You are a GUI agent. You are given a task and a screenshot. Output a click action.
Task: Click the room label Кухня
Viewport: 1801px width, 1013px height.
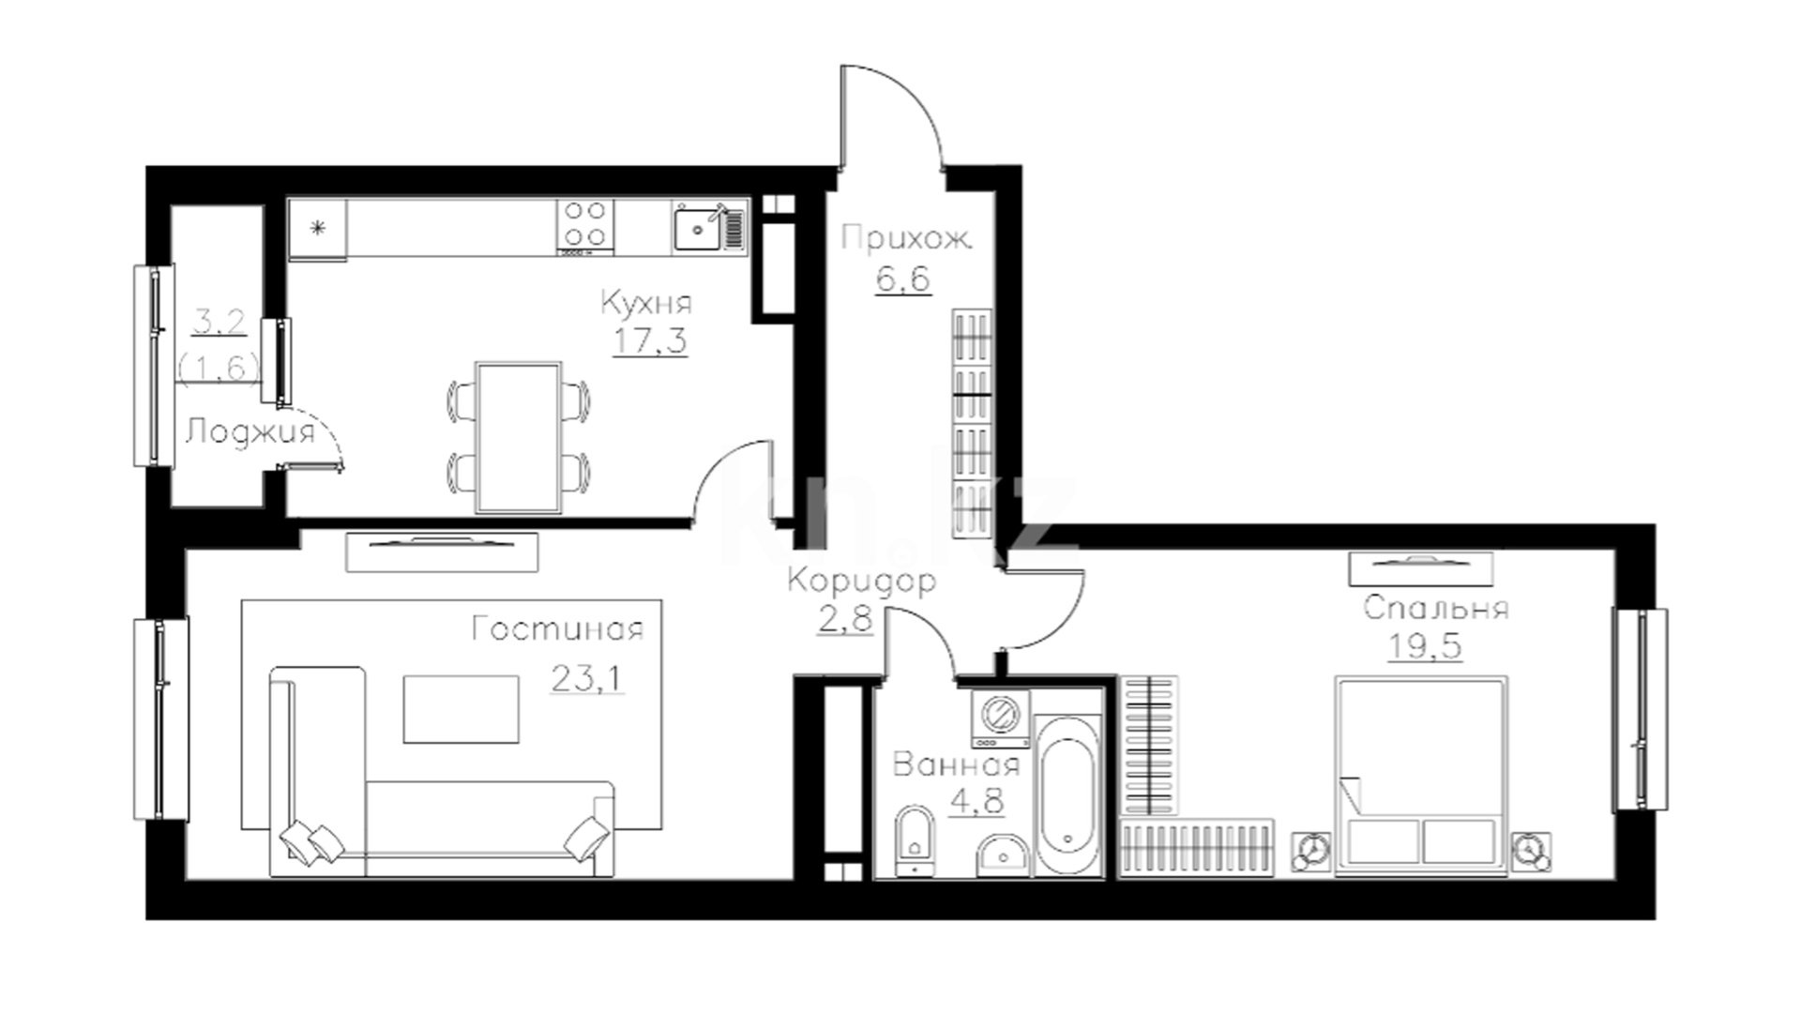pyautogui.click(x=645, y=304)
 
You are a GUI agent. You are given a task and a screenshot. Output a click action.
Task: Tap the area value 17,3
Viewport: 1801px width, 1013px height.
pyautogui.click(x=649, y=340)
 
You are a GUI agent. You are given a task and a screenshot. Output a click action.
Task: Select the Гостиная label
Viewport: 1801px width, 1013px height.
pyautogui.click(x=557, y=628)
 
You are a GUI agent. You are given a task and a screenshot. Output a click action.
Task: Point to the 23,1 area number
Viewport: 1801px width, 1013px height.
pyautogui.click(x=586, y=677)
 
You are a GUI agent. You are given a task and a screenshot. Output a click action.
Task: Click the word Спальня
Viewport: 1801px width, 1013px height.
pyautogui.click(x=1435, y=608)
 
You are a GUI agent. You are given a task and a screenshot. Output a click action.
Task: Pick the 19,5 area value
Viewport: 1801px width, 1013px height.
pyautogui.click(x=1424, y=646)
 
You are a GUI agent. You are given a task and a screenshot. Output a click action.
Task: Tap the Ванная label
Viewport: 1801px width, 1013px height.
pyautogui.click(x=956, y=764)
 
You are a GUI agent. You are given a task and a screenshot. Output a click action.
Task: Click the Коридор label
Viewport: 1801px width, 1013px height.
pyautogui.click(x=861, y=582)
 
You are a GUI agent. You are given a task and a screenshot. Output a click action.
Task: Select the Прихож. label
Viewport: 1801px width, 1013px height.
pyautogui.click(x=905, y=238)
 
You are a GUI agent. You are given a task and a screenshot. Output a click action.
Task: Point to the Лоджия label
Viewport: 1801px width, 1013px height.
pyautogui.click(x=250, y=432)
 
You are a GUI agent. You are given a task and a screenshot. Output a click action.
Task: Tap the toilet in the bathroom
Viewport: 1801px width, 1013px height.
pyautogui.click(x=915, y=839)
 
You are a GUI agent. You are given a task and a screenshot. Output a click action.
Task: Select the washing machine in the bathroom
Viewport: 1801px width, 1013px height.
pyautogui.click(x=1000, y=718)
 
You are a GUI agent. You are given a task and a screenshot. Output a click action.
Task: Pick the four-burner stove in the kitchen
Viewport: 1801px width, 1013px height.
pyautogui.click(x=585, y=225)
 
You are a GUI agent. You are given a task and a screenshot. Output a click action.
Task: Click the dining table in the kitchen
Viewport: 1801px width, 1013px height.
pyautogui.click(x=519, y=438)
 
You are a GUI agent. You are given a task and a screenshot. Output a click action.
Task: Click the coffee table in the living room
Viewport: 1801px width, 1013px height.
pyautogui.click(x=461, y=708)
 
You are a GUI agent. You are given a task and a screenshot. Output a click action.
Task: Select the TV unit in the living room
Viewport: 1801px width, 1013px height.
pyautogui.click(x=442, y=552)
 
